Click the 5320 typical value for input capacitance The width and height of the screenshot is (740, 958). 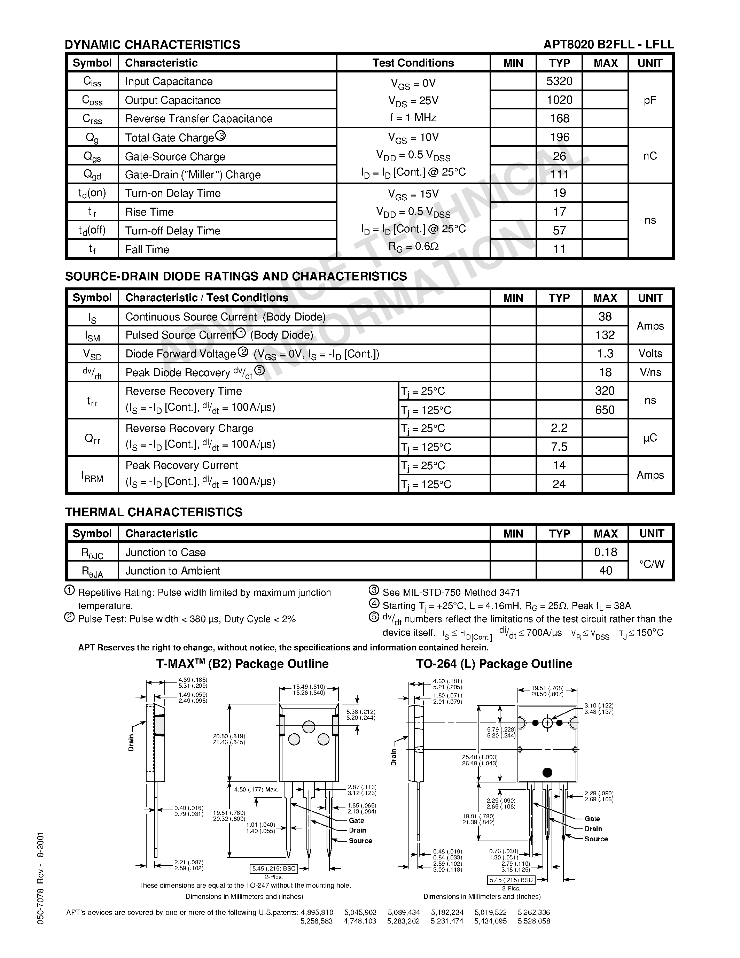pos(559,81)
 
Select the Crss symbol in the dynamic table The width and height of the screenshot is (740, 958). pos(92,119)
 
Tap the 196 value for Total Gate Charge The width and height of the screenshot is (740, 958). pos(559,137)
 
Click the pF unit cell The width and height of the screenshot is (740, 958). pos(650,100)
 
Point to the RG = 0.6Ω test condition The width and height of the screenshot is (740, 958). pos(413,247)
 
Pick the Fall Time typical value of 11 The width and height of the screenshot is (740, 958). pos(559,249)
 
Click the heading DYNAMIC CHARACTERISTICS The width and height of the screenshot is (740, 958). pos(153,45)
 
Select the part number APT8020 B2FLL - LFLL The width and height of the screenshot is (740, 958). pos(608,45)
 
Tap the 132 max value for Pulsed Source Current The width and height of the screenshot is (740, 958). pos(605,335)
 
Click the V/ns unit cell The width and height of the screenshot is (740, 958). pos(650,372)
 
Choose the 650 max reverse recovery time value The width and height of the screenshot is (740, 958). pos(605,410)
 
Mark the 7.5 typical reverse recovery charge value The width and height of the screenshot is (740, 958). pos(559,447)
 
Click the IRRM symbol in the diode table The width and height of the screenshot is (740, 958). pos(92,476)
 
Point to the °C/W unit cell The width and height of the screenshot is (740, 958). pos(652,564)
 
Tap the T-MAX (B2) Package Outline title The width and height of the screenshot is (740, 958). pos(242,664)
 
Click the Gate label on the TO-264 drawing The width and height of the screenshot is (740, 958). pos(592,819)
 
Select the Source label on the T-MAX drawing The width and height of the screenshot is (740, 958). pos(360,841)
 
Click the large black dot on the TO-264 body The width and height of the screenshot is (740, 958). pos(547,772)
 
